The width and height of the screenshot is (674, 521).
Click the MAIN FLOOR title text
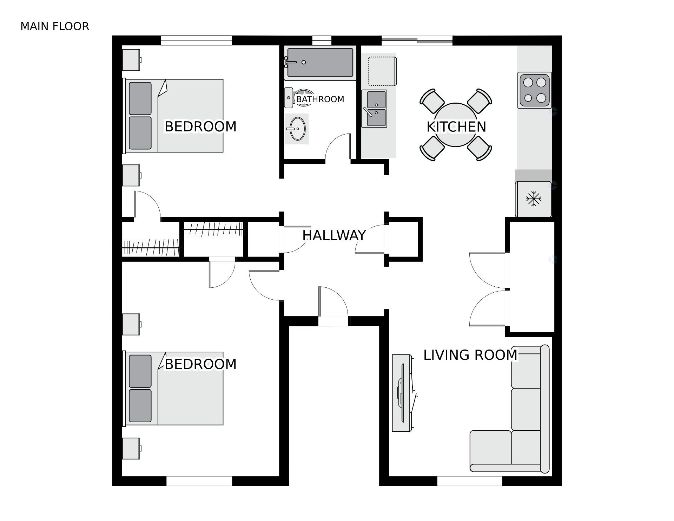pyautogui.click(x=55, y=26)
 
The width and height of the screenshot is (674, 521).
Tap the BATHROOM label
pyautogui.click(x=320, y=99)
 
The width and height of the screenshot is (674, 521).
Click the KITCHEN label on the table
pyautogui.click(x=456, y=127)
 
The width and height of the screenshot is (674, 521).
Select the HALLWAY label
pyautogui.click(x=334, y=235)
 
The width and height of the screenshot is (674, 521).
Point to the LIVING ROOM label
pyautogui.click(x=470, y=355)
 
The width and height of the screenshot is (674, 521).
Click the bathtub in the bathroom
pyautogui.click(x=320, y=63)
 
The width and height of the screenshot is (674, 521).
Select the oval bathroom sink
pyautogui.click(x=297, y=129)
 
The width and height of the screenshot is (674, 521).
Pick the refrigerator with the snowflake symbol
pyautogui.click(x=533, y=199)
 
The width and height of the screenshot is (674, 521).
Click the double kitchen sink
pyautogui.click(x=375, y=109)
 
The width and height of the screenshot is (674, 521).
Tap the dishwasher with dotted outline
pyautogui.click(x=382, y=71)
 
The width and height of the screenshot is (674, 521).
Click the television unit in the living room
pyautogui.click(x=402, y=393)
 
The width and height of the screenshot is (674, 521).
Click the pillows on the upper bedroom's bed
pyautogui.click(x=140, y=116)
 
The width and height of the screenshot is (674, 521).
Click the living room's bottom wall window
pyautogui.click(x=470, y=481)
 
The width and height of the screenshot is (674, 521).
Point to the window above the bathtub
pyautogui.click(x=322, y=41)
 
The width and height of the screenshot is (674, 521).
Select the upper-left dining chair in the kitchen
pyautogui.click(x=432, y=100)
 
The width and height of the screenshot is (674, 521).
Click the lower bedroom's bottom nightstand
pyautogui.click(x=131, y=448)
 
